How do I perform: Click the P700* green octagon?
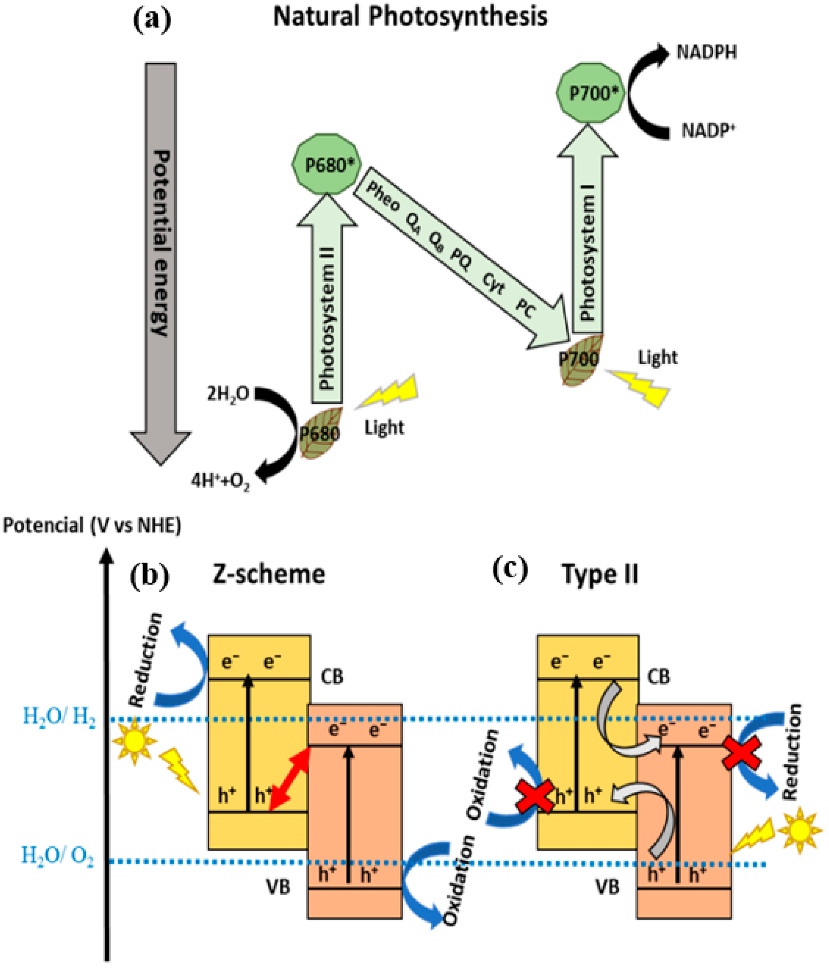590,93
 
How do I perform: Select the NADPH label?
706,52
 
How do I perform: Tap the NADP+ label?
707,130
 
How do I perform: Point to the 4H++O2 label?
220,481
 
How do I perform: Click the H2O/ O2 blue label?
57,855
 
